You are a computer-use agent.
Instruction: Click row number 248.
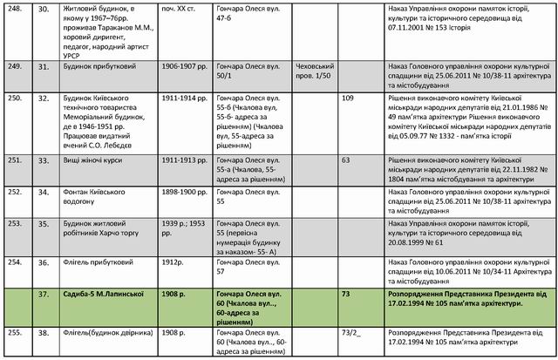pyautogui.click(x=15, y=8)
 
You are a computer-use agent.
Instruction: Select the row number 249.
pyautogui.click(x=15, y=66)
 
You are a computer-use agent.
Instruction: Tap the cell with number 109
pyautogui.click(x=347, y=98)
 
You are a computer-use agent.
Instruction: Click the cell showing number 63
pyautogui.click(x=345, y=160)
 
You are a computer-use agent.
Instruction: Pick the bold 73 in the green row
pyautogui.click(x=346, y=295)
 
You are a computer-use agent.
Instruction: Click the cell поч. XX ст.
pyautogui.click(x=179, y=8)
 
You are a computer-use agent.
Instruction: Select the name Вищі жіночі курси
pyautogui.click(x=85, y=160)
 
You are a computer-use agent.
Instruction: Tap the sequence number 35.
pyautogui.click(x=41, y=222)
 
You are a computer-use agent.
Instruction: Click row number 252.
pyautogui.click(x=15, y=191)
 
